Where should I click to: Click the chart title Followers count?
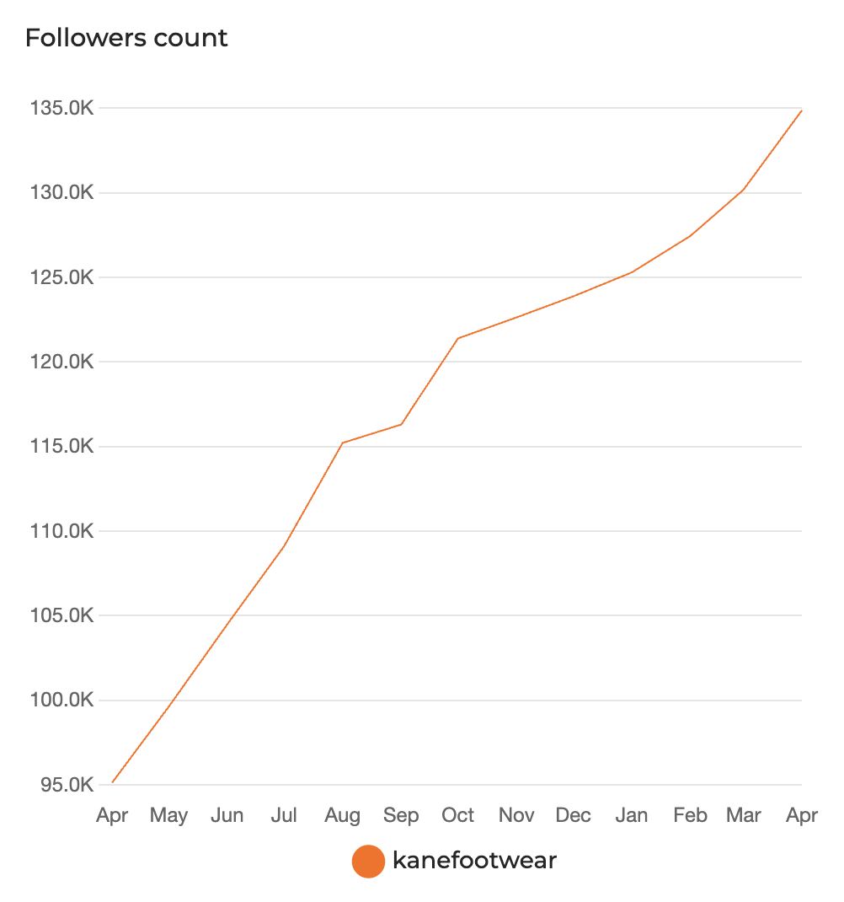click(126, 39)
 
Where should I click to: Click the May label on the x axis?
click(168, 816)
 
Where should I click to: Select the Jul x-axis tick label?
click(285, 816)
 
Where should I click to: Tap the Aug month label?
click(343, 816)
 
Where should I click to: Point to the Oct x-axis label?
click(458, 816)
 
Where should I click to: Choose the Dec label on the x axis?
click(574, 816)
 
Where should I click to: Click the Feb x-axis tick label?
click(690, 816)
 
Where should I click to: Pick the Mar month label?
click(744, 816)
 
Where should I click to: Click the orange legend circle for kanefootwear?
click(368, 862)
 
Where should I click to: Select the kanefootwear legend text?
click(474, 861)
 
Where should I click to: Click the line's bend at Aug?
click(343, 443)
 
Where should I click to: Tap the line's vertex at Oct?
click(458, 338)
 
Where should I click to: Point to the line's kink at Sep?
click(401, 424)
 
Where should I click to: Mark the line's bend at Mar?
click(744, 190)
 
